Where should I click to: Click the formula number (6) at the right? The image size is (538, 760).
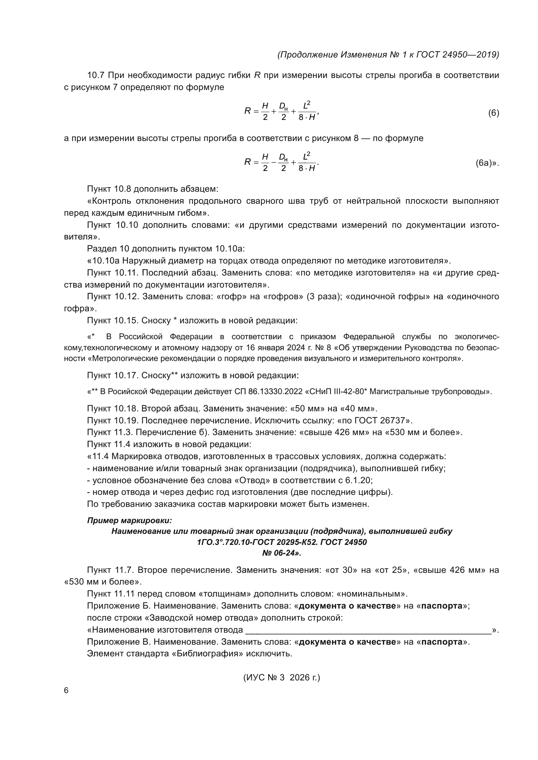point(493,113)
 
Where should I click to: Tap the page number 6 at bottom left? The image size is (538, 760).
point(66,690)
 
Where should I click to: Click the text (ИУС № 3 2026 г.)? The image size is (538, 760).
point(282,677)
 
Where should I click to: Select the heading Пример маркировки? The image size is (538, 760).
point(129,520)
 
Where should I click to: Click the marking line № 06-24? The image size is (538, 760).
point(282,553)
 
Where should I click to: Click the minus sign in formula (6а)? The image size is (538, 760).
point(274,162)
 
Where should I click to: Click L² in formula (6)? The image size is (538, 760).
point(306,105)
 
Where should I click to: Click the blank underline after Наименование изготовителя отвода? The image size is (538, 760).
point(368,630)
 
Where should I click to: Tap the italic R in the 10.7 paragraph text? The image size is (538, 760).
point(257,75)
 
